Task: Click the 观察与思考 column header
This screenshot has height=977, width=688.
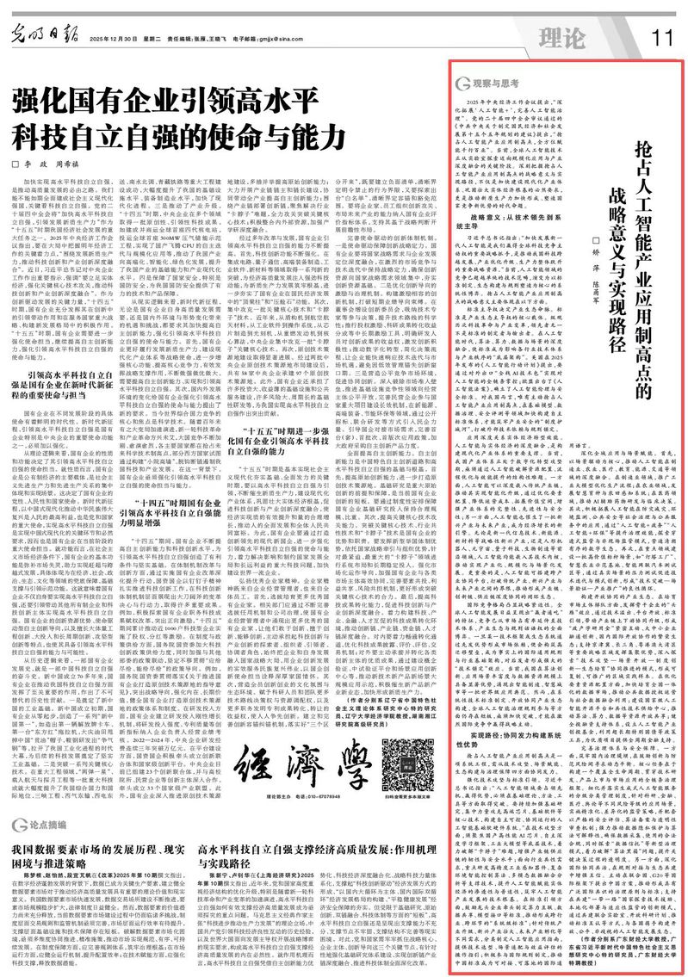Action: [x=490, y=85]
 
